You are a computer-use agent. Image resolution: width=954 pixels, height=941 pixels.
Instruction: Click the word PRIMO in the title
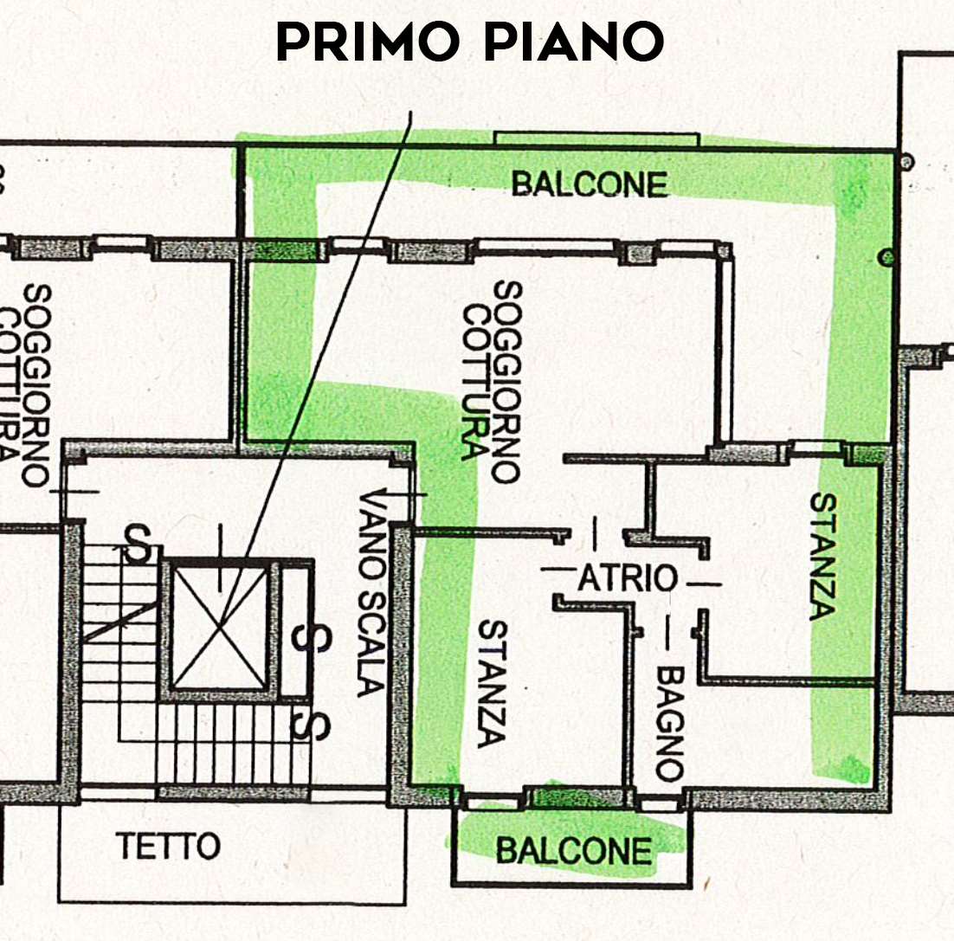[x=367, y=42]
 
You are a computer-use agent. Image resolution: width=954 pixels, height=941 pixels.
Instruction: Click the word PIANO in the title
[x=574, y=42]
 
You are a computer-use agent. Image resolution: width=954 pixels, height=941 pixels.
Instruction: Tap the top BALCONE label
[x=589, y=184]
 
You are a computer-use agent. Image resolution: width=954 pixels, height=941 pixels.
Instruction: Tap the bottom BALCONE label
[x=574, y=850]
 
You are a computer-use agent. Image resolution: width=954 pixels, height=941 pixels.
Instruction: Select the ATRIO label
[x=627, y=578]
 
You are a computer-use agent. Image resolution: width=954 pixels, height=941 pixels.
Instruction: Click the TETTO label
[x=168, y=846]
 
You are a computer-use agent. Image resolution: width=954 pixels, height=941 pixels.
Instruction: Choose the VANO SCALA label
[x=371, y=594]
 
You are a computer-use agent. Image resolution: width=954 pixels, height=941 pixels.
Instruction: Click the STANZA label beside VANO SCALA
[x=492, y=684]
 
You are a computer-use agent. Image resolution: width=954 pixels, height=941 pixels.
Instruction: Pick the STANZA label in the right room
[x=823, y=556]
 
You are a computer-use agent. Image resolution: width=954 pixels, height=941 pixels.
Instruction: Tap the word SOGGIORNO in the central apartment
[x=506, y=382]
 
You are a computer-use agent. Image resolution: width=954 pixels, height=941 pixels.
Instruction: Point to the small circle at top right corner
[x=906, y=162]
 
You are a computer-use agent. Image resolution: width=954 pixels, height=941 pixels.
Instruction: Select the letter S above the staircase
[x=138, y=543]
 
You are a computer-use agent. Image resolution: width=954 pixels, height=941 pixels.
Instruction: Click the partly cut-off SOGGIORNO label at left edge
[x=35, y=385]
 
